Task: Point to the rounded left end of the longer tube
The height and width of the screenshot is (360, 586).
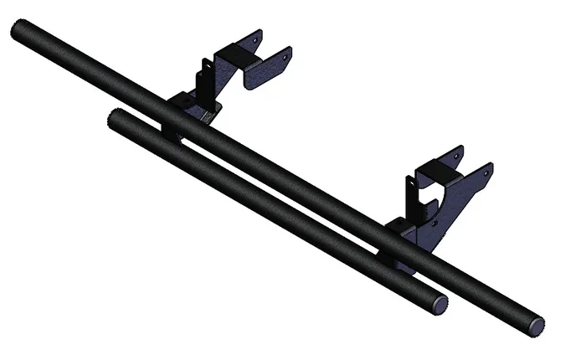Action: [18, 30]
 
